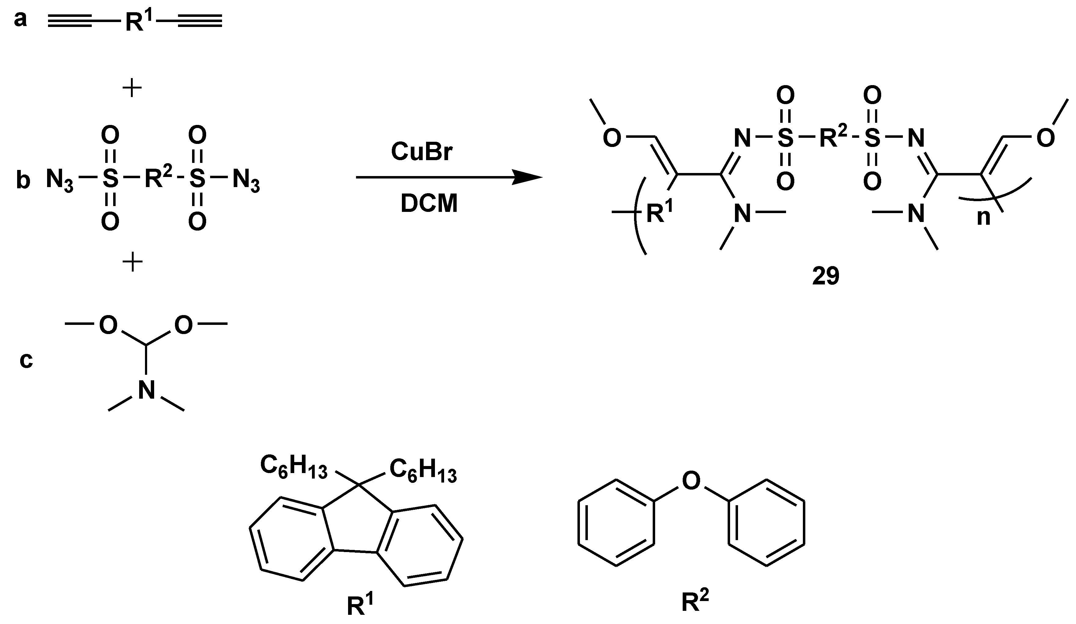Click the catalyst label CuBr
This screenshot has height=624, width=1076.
421,152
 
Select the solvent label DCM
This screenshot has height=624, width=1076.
429,203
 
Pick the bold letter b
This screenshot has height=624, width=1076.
23,180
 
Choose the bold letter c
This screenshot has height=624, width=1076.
26,360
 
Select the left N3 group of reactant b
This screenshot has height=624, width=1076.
59,179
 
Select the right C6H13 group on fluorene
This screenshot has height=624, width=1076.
423,471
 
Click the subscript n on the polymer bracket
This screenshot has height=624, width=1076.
983,217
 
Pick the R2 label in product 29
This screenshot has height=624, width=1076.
833,137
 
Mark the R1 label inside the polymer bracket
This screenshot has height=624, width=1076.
659,212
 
